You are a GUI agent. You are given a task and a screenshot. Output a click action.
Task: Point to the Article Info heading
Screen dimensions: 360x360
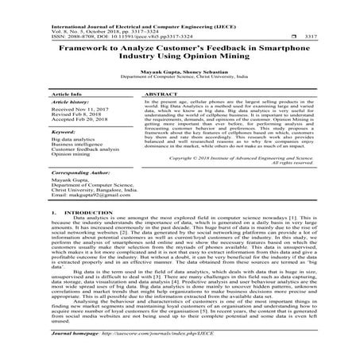click(64, 93)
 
